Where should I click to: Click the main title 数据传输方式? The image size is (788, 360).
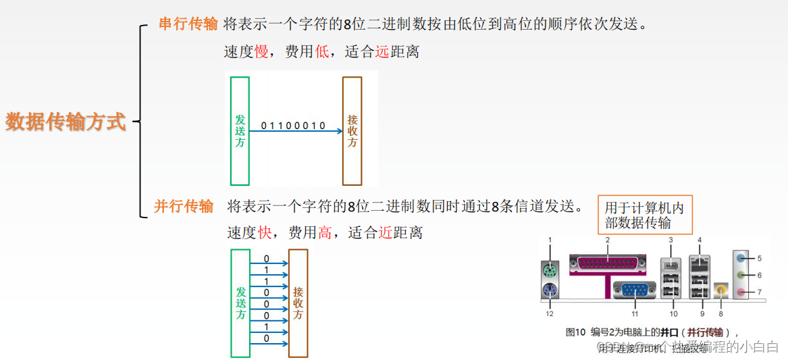pyautogui.click(x=65, y=122)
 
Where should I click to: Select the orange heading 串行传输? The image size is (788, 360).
pyautogui.click(x=188, y=24)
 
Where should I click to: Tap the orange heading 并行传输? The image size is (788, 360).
pyautogui.click(x=184, y=206)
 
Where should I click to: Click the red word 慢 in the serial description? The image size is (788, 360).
pyautogui.click(x=261, y=51)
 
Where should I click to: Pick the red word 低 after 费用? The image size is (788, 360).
pyautogui.click(x=322, y=51)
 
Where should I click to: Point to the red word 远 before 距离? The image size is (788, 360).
pyautogui.click(x=382, y=51)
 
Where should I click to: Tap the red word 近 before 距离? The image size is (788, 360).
pyautogui.click(x=386, y=233)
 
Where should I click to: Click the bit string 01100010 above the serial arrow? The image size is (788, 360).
pyautogui.click(x=293, y=126)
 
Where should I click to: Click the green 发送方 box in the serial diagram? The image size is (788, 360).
pyautogui.click(x=240, y=130)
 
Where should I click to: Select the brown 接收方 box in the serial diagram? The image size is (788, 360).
pyautogui.click(x=352, y=130)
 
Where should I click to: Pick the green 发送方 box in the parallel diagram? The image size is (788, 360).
pyautogui.click(x=240, y=303)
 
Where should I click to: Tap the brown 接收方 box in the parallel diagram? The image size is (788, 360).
pyautogui.click(x=298, y=303)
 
